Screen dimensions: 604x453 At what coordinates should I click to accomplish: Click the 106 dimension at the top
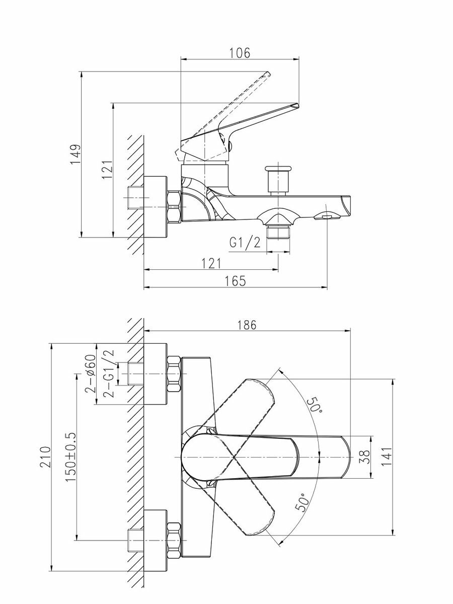click(x=240, y=52)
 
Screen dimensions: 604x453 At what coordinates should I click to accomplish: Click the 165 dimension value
click(x=235, y=281)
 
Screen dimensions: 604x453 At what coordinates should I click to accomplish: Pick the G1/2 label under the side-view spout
click(x=245, y=243)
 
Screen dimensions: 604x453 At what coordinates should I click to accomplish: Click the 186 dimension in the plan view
click(x=247, y=325)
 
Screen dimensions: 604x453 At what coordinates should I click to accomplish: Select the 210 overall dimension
click(x=46, y=457)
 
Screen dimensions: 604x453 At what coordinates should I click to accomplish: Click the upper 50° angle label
click(x=316, y=404)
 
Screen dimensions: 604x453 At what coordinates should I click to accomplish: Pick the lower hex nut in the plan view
click(x=173, y=540)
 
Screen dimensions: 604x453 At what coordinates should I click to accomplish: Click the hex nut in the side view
click(x=174, y=206)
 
